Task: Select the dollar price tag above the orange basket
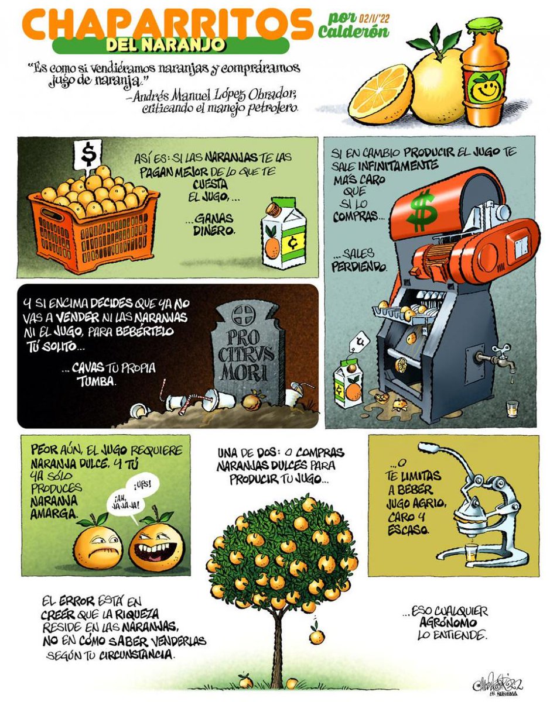coord(88,154)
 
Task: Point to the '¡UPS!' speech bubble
coord(143,485)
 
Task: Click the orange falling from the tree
coord(316,635)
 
